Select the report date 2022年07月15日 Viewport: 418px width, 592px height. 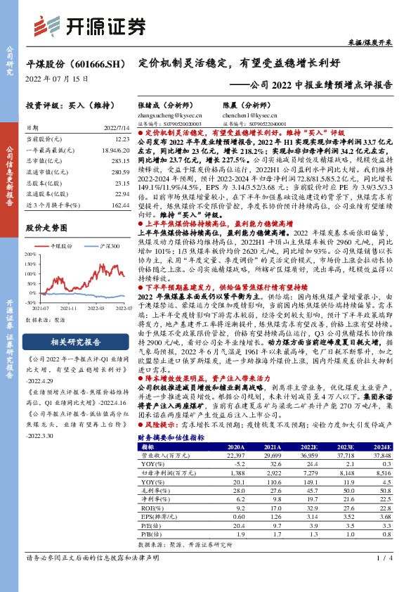pyautogui.click(x=58, y=79)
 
